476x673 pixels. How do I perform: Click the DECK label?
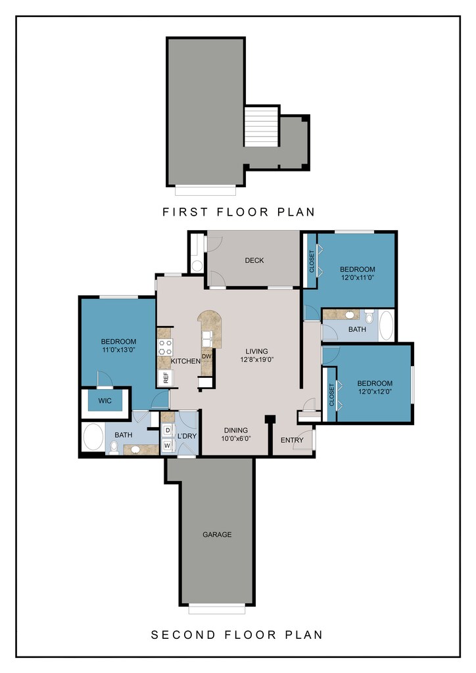[x=254, y=260]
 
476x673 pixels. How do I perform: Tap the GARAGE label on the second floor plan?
[x=217, y=534]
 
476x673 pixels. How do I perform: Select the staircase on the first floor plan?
[x=262, y=127]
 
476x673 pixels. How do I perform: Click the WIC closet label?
[x=105, y=401]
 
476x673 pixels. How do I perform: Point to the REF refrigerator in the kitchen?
[x=166, y=377]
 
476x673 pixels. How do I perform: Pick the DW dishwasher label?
[x=207, y=356]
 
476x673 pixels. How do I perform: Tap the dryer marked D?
[x=168, y=430]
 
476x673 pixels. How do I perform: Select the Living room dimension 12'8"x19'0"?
[x=257, y=360]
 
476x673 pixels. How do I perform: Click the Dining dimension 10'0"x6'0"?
[x=235, y=438]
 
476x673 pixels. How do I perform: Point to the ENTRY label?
[x=292, y=440]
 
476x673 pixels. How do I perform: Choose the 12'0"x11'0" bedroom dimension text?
[x=358, y=277]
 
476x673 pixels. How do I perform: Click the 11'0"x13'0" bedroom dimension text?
[x=118, y=350]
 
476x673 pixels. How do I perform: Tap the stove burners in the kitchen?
[x=165, y=347]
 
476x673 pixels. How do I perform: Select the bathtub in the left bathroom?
[x=93, y=437]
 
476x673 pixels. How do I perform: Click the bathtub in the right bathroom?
[x=386, y=325]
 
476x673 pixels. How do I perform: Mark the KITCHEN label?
[x=185, y=361]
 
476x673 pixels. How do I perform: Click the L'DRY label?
[x=187, y=436]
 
